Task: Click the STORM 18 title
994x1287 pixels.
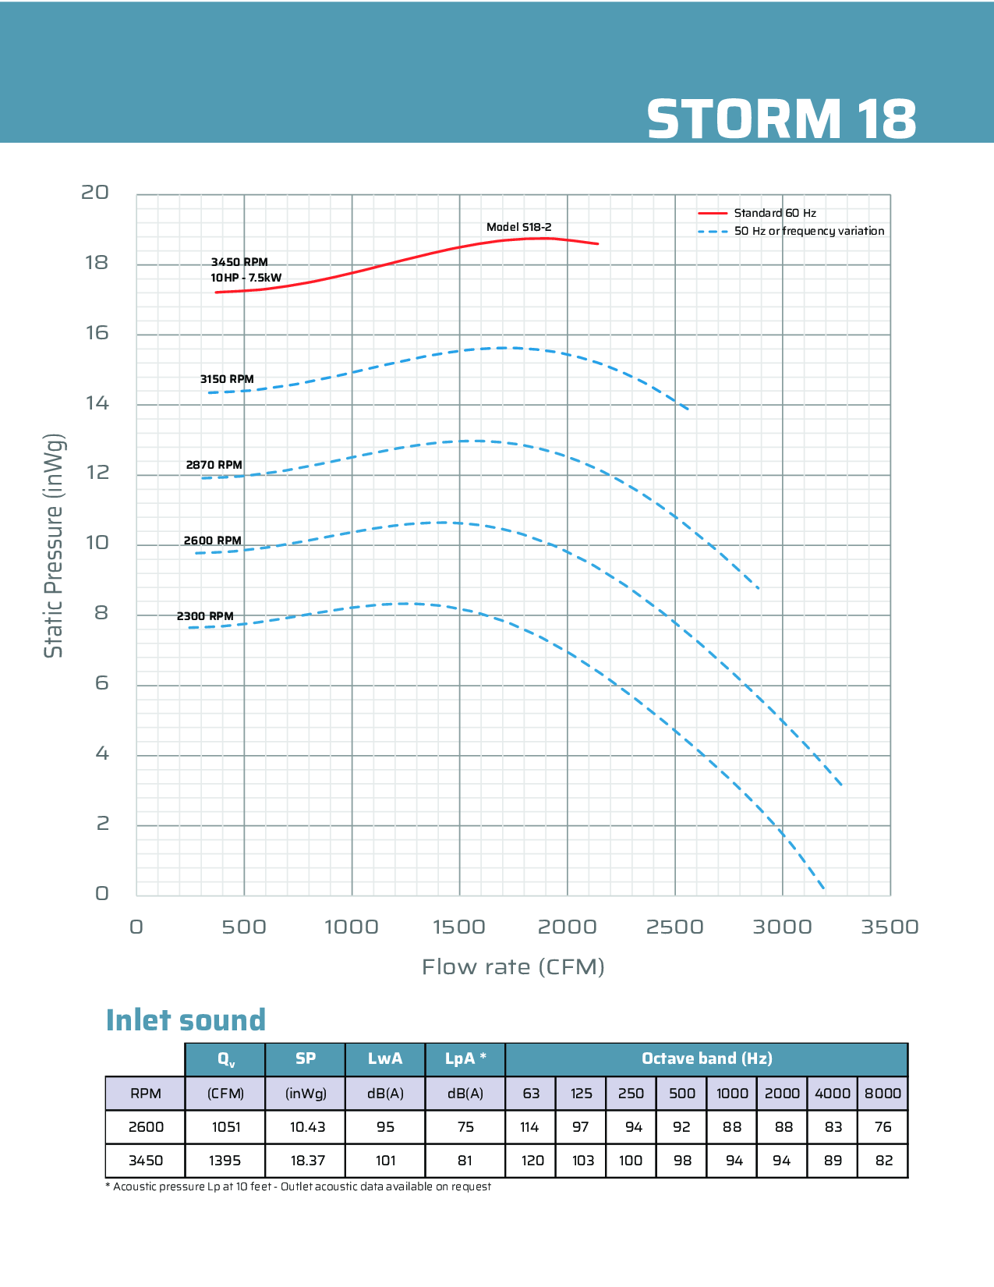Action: (x=781, y=119)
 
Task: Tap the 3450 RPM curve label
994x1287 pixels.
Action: (x=239, y=262)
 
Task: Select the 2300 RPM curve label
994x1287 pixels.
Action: (x=205, y=616)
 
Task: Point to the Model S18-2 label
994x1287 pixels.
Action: (x=518, y=227)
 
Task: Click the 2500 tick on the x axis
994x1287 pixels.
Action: (x=674, y=927)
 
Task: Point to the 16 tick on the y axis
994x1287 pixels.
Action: (x=97, y=333)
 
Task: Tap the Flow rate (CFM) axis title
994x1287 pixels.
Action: (x=513, y=967)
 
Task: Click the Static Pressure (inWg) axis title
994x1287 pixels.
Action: (x=53, y=545)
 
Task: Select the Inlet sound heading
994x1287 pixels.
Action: (x=186, y=1020)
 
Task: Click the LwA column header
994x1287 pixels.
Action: (x=385, y=1058)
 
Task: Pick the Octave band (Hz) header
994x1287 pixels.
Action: (x=706, y=1058)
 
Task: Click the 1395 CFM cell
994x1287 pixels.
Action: (x=225, y=1161)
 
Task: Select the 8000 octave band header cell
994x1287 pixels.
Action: (x=883, y=1094)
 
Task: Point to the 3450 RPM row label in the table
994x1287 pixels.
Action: (x=146, y=1161)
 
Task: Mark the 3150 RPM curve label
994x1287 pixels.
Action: (x=227, y=379)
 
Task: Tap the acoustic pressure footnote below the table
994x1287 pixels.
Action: (x=298, y=1186)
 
